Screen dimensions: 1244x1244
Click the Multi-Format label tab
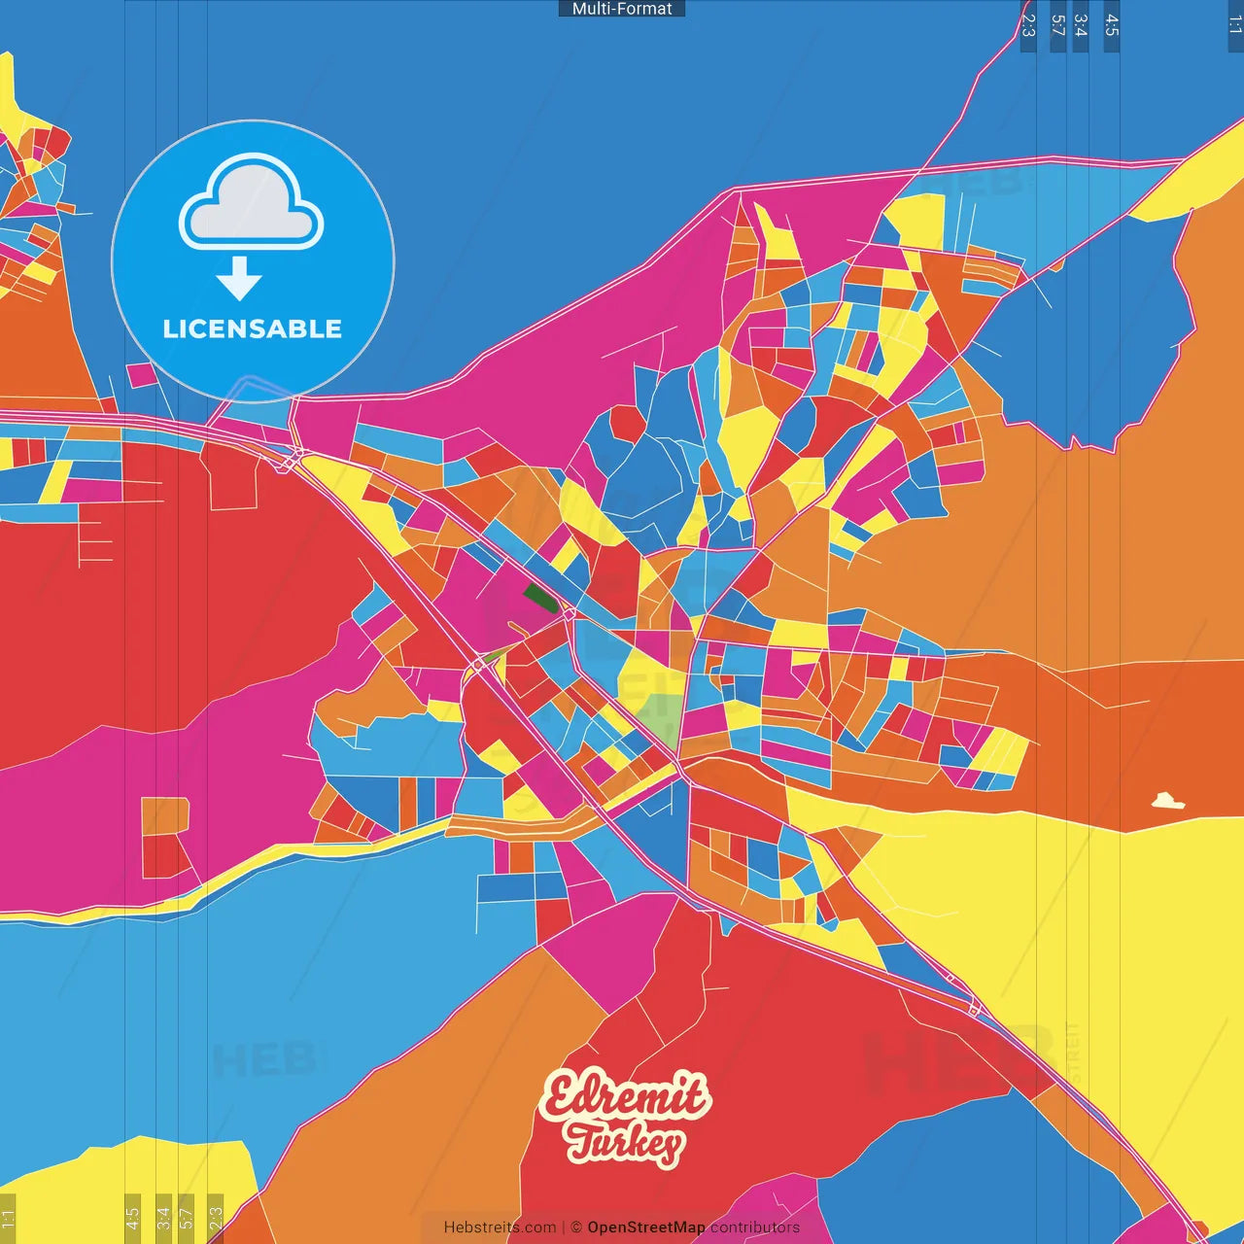click(x=622, y=9)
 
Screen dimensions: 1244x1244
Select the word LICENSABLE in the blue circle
click(x=252, y=328)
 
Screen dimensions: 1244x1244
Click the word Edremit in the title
click(x=625, y=1097)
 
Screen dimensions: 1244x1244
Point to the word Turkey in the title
click(x=625, y=1143)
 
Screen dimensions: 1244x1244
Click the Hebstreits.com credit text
click(x=500, y=1227)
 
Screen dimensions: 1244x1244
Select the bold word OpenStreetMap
click(x=646, y=1227)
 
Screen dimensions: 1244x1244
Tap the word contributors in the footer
click(x=755, y=1227)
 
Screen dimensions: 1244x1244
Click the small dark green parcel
click(x=539, y=597)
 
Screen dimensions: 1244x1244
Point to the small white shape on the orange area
click(x=1167, y=802)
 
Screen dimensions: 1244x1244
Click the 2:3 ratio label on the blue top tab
click(x=1028, y=25)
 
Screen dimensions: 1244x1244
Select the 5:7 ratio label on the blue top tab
click(x=1058, y=25)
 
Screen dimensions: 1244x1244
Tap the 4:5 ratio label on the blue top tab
click(x=1112, y=25)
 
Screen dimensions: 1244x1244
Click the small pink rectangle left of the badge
click(x=141, y=374)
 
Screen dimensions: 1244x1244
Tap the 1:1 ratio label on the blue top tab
click(x=1235, y=25)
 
